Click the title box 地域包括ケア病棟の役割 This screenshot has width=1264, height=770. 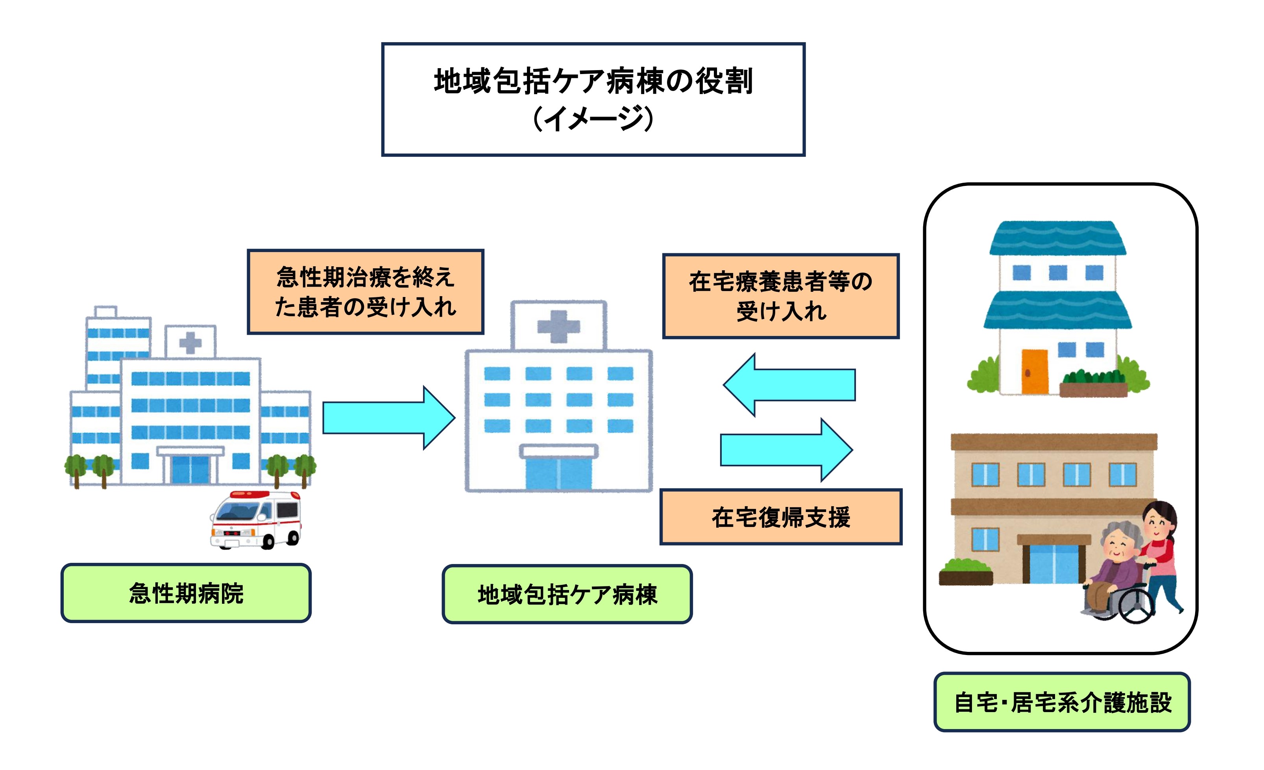click(593, 99)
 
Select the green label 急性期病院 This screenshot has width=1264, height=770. click(186, 593)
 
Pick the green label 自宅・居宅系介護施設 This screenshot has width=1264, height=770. click(1062, 702)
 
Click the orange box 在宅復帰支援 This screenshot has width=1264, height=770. click(781, 516)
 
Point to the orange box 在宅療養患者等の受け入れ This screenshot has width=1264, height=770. click(781, 296)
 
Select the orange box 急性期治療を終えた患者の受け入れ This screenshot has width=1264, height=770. click(365, 291)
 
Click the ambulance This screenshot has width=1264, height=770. click(255, 520)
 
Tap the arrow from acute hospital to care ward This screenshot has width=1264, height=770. click(389, 418)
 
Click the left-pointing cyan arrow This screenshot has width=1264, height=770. click(789, 384)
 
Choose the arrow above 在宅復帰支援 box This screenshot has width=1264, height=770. click(786, 450)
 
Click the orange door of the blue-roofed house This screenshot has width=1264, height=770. click(1035, 372)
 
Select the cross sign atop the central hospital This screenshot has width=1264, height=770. click(559, 326)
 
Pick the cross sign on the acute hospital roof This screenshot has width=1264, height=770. click(190, 343)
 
